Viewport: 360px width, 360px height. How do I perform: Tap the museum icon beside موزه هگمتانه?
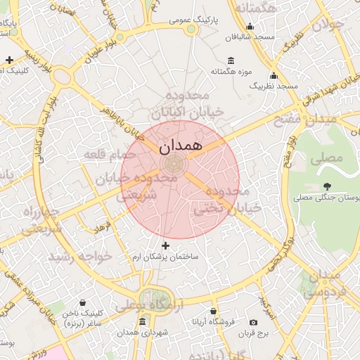[231, 60]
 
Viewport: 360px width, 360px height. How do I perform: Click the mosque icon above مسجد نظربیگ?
[274, 75]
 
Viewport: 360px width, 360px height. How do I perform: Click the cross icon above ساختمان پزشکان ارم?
[166, 245]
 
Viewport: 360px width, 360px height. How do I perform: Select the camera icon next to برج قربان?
[253, 322]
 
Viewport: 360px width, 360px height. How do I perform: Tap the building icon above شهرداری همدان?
[143, 321]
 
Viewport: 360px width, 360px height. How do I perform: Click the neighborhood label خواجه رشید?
[79, 256]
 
